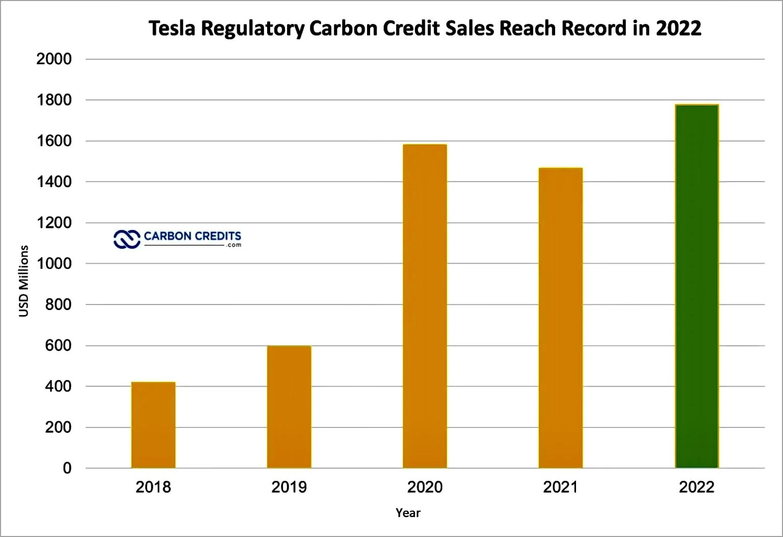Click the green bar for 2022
point(696,286)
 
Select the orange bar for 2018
point(153,425)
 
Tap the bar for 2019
point(289,407)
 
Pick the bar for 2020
point(425,306)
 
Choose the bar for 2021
point(560,318)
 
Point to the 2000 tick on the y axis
point(54,59)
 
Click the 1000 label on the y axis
point(54,264)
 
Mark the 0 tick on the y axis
point(67,468)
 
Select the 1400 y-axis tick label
point(54,182)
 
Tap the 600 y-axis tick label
point(58,345)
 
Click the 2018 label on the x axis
point(153,487)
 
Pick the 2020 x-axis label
point(425,487)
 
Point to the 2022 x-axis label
point(696,487)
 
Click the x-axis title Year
point(408,513)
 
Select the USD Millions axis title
point(23,281)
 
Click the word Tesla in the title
point(172,29)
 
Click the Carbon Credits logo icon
point(126,239)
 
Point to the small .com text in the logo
point(233,245)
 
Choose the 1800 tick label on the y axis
point(54,100)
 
